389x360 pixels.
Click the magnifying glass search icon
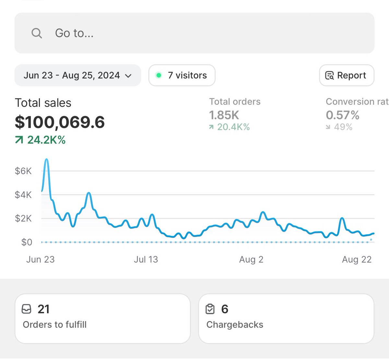pos(37,33)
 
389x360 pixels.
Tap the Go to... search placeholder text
pos(74,33)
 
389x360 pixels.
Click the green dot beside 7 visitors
pos(159,75)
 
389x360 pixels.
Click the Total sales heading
pos(43,103)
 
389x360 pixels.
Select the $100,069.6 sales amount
pos(60,122)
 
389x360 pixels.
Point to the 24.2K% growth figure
pos(46,140)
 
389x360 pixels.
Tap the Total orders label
pos(235,102)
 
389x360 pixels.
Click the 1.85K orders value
pos(224,115)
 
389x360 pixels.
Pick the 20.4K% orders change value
pos(233,127)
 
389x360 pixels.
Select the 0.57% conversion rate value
pos(342,115)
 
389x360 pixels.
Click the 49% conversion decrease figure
pos(343,127)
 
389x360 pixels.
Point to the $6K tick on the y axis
pos(23,171)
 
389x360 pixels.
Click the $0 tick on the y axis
pos(27,242)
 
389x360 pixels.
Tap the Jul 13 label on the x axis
pos(146,259)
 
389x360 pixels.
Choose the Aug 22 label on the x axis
pos(357,259)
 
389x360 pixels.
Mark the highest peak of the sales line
pos(46,160)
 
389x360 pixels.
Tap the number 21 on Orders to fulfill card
pos(43,309)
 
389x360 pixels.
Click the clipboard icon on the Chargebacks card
pos(210,309)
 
